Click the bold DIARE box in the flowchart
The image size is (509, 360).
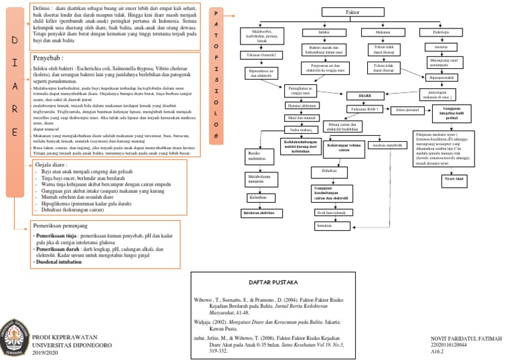(365, 95)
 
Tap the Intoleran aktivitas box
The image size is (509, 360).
(259, 212)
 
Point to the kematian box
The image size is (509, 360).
(325, 226)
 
